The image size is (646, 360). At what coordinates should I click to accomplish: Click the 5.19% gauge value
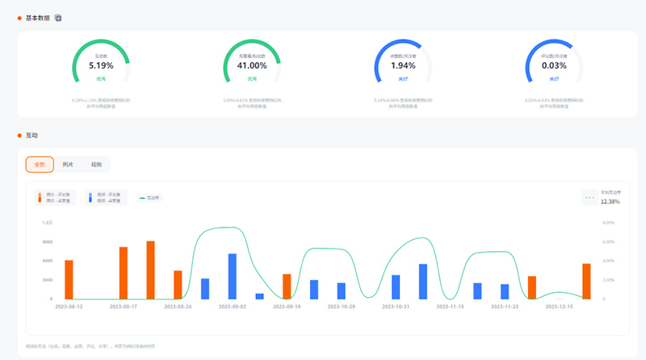pyautogui.click(x=101, y=65)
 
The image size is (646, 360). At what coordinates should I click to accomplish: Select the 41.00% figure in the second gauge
pyautogui.click(x=252, y=65)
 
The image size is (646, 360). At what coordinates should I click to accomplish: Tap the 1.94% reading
pyautogui.click(x=403, y=65)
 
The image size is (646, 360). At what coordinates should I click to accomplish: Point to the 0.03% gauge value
pyautogui.click(x=554, y=65)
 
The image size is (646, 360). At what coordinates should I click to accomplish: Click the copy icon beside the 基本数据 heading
pyautogui.click(x=58, y=18)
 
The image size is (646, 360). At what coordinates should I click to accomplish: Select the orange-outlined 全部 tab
pyautogui.click(x=40, y=164)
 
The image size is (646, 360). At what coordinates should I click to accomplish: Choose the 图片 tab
pyautogui.click(x=68, y=164)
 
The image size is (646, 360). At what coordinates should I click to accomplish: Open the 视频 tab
pyautogui.click(x=97, y=164)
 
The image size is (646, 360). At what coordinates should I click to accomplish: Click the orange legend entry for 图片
pyautogui.click(x=57, y=198)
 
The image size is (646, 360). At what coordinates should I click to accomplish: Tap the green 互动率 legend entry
pyautogui.click(x=150, y=198)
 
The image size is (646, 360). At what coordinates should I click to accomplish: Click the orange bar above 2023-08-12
pyautogui.click(x=69, y=279)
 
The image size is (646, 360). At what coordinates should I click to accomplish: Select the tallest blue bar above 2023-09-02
pyautogui.click(x=233, y=276)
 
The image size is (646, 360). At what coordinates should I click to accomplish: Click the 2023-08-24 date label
pyautogui.click(x=178, y=307)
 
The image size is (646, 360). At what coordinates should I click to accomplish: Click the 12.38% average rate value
pyautogui.click(x=610, y=202)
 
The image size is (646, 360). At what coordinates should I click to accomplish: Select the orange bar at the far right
pyautogui.click(x=586, y=281)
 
